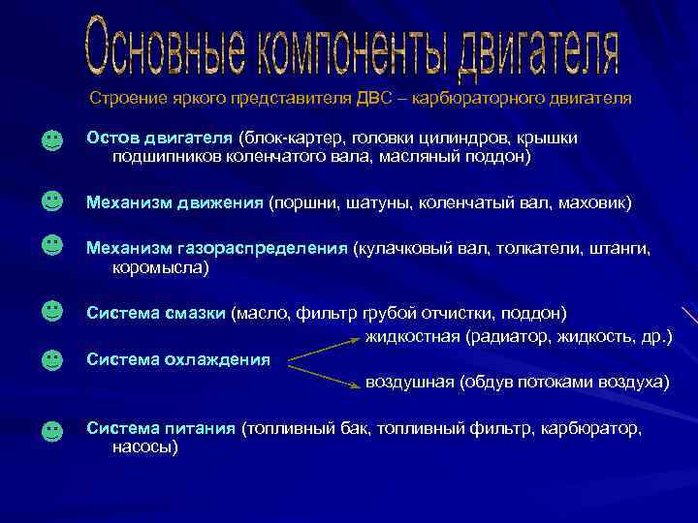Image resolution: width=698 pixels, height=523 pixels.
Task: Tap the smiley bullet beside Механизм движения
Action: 52,200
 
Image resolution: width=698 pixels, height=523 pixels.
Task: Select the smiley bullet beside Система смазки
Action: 52,311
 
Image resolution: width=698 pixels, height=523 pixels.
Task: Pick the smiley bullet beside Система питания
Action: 52,430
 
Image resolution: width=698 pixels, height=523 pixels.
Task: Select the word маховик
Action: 596,202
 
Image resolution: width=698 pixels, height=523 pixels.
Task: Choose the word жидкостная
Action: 412,337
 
